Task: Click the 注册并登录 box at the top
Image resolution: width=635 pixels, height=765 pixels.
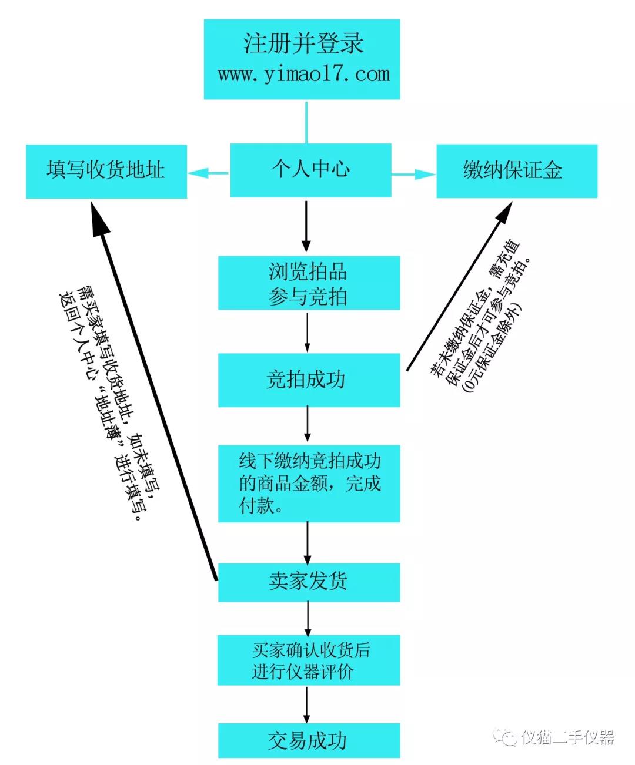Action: click(x=302, y=59)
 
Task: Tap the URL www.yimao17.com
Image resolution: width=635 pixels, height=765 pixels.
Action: click(x=304, y=75)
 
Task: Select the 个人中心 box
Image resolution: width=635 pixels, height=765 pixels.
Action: click(x=310, y=170)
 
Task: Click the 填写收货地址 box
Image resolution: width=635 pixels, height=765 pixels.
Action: click(x=106, y=172)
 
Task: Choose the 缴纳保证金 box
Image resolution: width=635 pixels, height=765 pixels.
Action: click(x=517, y=171)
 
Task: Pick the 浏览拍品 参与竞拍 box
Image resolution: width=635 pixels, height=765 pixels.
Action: click(x=309, y=283)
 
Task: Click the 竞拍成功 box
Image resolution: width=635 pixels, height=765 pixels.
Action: click(x=309, y=380)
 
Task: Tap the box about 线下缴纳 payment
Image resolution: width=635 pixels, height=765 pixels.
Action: click(x=309, y=483)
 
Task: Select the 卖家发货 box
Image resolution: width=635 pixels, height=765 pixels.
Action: click(x=309, y=582)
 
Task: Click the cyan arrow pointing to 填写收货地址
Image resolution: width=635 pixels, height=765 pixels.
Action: click(x=208, y=173)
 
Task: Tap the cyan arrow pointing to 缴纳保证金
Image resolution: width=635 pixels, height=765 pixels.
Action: click(x=413, y=174)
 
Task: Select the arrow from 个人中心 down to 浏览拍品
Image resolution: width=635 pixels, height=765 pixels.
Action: click(x=306, y=226)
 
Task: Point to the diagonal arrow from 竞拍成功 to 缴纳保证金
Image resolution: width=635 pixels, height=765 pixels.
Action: click(x=459, y=286)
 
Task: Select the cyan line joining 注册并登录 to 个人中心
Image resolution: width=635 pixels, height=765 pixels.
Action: click(x=306, y=122)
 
